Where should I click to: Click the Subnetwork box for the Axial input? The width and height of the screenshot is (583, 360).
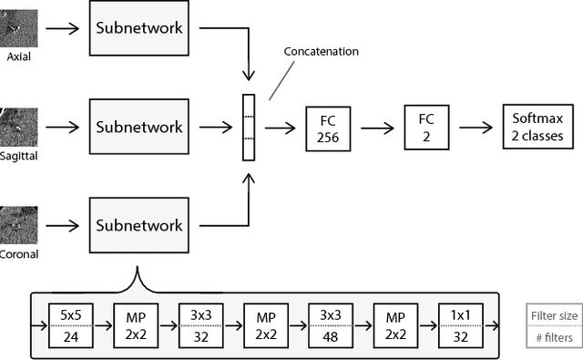coord(139,28)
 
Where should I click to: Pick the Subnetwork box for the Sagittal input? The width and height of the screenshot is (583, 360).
coord(139,127)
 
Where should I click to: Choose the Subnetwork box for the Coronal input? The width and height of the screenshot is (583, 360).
coord(139,225)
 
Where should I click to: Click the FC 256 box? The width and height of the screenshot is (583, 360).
coord(328,128)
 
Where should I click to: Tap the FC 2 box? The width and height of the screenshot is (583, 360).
coord(426,128)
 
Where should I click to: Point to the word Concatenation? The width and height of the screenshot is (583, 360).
coord(322,52)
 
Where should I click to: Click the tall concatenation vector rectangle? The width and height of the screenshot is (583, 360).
coord(248,127)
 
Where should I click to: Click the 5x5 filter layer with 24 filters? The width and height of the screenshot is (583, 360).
coord(70,325)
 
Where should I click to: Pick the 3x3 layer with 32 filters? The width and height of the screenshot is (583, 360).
coord(199,325)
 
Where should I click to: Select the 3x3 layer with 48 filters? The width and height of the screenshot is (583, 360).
coord(330,325)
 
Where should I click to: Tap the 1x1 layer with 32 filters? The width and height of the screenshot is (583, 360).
coord(459,325)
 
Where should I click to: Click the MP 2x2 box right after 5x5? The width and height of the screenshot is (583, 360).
coord(135,325)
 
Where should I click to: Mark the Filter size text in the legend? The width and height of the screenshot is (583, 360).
coord(554,316)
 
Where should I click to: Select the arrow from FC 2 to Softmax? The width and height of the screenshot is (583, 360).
coord(474,128)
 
